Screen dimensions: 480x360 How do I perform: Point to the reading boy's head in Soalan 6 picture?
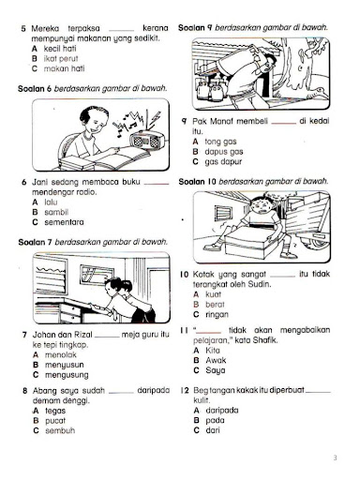(65, 123)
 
